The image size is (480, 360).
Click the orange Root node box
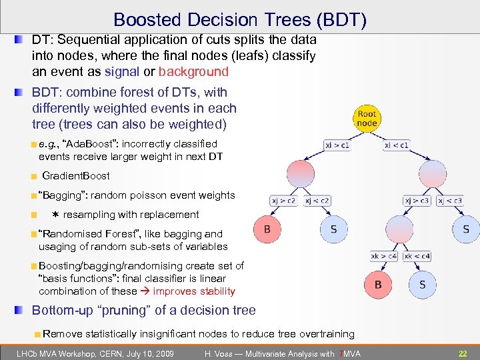(367, 117)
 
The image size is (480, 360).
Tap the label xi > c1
(339, 143)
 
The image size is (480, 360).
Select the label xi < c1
(397, 143)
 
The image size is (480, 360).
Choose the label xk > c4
(385, 256)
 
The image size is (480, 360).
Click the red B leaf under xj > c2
(267, 229)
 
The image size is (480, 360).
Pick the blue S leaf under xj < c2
(333, 229)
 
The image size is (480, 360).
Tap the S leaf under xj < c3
(466, 229)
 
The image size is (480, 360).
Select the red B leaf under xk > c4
(378, 285)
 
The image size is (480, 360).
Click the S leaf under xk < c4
(422, 285)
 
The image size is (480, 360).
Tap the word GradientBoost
(75, 176)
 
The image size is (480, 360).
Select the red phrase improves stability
(194, 291)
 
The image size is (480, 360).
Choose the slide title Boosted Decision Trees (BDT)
(240, 20)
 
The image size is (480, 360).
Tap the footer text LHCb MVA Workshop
(59, 353)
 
